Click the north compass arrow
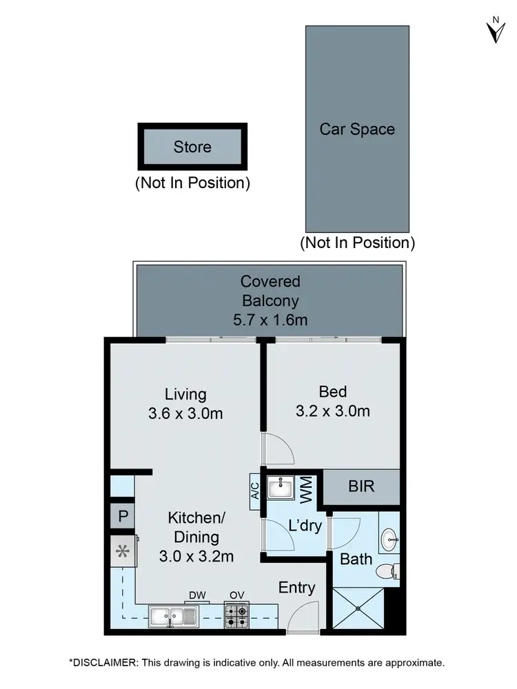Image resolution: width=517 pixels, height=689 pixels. (x=494, y=31)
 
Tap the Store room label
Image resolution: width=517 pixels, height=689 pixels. (x=192, y=147)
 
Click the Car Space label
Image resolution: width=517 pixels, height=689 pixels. (x=357, y=129)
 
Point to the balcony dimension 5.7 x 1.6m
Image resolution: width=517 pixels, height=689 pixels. (x=270, y=320)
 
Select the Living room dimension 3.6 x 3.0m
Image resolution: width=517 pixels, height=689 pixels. (x=185, y=413)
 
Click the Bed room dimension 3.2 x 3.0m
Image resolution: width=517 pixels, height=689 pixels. (x=334, y=411)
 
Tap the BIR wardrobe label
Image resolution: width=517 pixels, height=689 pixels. (x=361, y=486)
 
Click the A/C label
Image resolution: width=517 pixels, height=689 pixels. (x=254, y=490)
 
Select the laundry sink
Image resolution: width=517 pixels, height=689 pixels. (x=280, y=489)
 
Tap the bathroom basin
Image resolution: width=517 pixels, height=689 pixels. (x=389, y=537)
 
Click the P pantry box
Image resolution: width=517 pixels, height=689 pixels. (x=123, y=516)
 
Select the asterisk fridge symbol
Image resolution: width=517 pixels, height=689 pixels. (x=123, y=551)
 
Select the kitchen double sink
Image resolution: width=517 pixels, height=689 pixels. (x=172, y=615)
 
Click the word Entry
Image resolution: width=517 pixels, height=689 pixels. (x=296, y=588)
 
